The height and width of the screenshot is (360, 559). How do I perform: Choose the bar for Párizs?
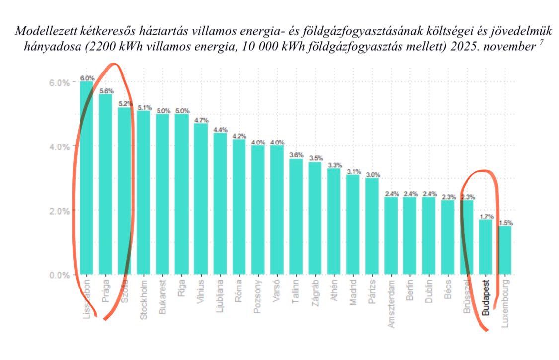coord(372,226)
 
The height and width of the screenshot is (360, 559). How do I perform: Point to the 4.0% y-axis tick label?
coord(59,146)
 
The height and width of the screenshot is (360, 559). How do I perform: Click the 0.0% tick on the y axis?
coord(59,275)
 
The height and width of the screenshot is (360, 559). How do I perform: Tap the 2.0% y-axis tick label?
coord(59,211)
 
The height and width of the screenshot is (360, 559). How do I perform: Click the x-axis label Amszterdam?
coord(391,303)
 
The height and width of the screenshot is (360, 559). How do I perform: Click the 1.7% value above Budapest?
coord(486,216)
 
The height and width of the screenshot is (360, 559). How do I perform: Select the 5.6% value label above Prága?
coord(106,91)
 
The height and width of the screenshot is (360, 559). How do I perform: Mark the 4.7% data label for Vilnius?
coord(201,120)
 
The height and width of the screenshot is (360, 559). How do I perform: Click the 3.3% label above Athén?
coord(334,165)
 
